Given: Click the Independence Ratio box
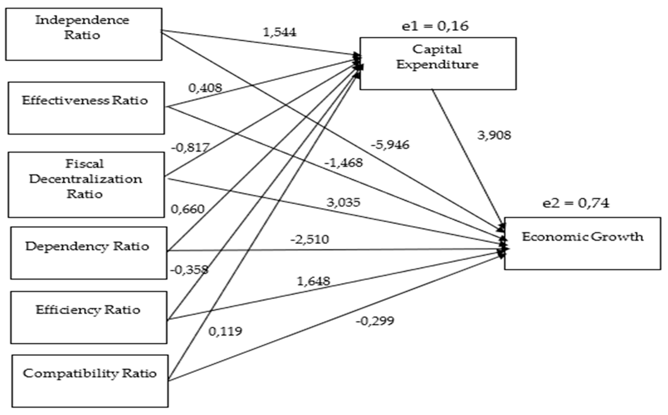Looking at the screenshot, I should pos(84,34).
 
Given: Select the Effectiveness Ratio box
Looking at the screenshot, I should pos(86,108).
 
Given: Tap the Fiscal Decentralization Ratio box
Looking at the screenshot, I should pos(86,185).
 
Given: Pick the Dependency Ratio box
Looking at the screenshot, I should pos(89,253).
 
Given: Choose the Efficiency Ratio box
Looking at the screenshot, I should pos(89,317).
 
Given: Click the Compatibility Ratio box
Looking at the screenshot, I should pos(90,381).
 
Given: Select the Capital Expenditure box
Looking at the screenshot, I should pos(438,64).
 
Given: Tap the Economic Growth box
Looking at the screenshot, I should pos(582,243).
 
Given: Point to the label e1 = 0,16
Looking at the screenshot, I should pos(435,26).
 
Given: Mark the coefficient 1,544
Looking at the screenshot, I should pos(280,32).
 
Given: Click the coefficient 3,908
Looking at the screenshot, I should pos(494,135).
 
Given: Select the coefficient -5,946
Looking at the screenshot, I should pos(390,145).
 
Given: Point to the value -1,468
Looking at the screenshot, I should pos(344,163).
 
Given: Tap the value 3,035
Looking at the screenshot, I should pos(343,203).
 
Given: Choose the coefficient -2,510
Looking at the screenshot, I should pos(310,239).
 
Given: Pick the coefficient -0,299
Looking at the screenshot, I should pos(375,321).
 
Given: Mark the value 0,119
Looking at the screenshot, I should pos(225,332).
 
